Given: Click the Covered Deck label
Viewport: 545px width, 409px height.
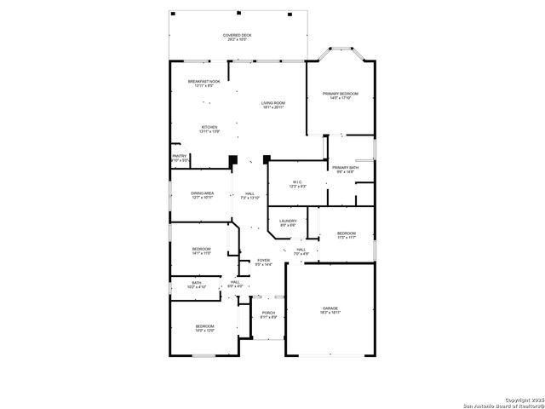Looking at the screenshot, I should click(238, 37).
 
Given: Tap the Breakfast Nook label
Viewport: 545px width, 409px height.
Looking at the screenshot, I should click(204, 84).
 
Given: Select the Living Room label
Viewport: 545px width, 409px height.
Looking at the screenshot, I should click(273, 106).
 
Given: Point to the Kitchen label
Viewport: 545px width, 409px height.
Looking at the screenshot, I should click(209, 130).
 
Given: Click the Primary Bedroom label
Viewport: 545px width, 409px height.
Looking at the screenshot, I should click(340, 95).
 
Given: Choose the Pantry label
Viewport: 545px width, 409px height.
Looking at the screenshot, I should click(180, 158).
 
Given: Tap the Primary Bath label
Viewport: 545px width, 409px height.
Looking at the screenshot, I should click(345, 170).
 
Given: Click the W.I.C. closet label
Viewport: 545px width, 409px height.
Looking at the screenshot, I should click(297, 184).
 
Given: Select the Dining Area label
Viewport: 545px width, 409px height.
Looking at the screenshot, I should click(202, 195).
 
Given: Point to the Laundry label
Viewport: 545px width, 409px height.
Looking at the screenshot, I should click(288, 223).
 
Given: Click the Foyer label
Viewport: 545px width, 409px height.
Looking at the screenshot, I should click(263, 262).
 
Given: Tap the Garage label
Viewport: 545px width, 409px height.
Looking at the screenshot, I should click(330, 310).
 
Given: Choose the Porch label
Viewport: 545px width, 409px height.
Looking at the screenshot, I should click(268, 315).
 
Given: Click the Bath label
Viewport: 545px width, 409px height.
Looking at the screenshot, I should click(197, 285).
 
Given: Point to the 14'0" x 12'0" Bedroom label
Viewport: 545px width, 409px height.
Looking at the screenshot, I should click(205, 329).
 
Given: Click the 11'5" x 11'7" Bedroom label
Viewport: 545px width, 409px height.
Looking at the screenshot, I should click(346, 235).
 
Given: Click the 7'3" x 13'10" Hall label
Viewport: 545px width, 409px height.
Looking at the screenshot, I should click(250, 196).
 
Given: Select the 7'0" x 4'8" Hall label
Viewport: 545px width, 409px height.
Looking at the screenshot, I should click(301, 251).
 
